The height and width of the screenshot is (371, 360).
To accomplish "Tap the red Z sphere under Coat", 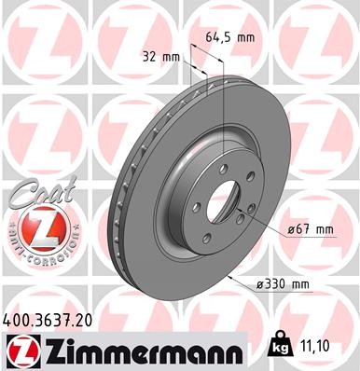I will pyautogui.click(x=35, y=226).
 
